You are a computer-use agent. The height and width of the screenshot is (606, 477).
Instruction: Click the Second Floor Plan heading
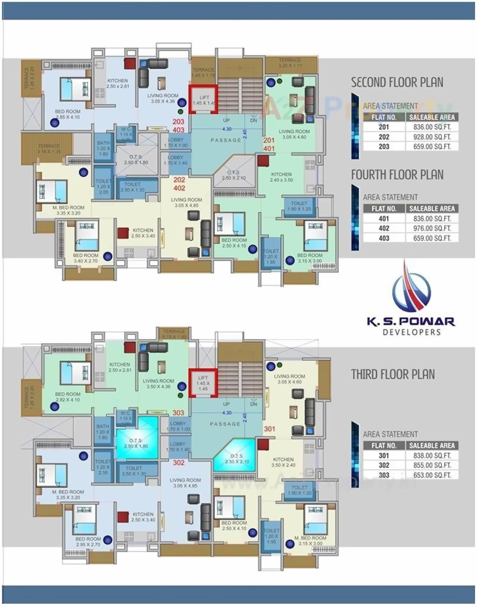point(397,82)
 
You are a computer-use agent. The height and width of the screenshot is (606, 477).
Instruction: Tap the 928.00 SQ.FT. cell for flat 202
point(432,137)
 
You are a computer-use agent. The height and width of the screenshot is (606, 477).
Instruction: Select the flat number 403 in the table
point(384,238)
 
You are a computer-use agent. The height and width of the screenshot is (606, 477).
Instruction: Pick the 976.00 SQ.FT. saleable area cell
point(432,228)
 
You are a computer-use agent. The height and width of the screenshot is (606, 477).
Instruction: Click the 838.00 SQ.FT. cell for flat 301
point(432,455)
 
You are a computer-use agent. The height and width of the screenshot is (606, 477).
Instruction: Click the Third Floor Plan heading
point(393,374)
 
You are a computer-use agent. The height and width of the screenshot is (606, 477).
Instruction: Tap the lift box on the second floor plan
point(203,100)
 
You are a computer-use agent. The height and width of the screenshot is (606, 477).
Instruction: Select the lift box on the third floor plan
point(203,383)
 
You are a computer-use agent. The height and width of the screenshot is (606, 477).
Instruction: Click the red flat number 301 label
point(269,429)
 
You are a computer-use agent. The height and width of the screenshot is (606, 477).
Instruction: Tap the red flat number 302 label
point(179,462)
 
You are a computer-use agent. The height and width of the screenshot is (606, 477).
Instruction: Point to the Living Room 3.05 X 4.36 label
point(163,98)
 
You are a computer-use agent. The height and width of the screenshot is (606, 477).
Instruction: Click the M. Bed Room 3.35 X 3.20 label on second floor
point(68,210)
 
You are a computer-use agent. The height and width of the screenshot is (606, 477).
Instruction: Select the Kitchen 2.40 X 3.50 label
point(281,177)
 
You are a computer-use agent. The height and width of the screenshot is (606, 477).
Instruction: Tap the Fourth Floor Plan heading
point(397,175)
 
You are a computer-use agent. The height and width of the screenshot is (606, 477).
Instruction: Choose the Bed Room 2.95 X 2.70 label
point(88,542)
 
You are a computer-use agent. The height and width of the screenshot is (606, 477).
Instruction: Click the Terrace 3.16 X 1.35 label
point(49,149)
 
